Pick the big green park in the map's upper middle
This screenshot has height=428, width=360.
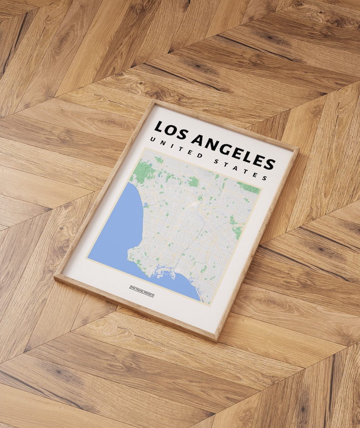pos(194,182)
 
